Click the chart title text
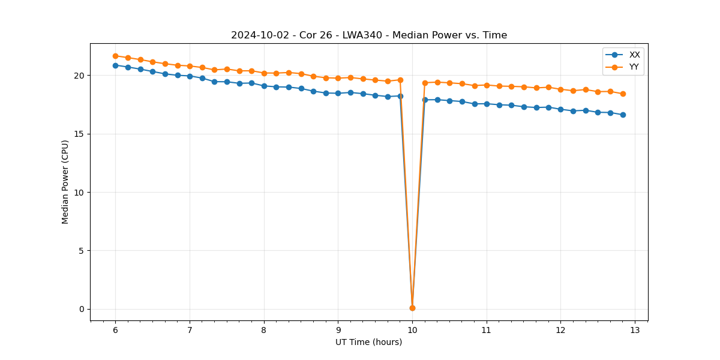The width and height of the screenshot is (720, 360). pos(368,35)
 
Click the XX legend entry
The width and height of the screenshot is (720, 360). pos(634,55)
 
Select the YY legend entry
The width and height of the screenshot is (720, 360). pos(634,67)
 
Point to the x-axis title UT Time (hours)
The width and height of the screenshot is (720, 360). pos(368,342)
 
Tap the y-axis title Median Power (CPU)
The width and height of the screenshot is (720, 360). pos(65,182)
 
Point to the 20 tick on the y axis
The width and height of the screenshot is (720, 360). pos(80,76)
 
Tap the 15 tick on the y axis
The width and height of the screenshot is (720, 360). pos(80,134)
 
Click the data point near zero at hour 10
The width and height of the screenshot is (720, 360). pos(412,308)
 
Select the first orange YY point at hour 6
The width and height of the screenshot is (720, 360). pos(115,56)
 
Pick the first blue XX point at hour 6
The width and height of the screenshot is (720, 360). pos(115,65)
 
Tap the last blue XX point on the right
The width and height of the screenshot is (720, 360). pos(623,115)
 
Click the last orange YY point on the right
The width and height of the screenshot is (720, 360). pos(623,94)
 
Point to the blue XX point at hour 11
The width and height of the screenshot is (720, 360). pos(487,104)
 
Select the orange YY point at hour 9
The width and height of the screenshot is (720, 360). pos(338,78)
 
